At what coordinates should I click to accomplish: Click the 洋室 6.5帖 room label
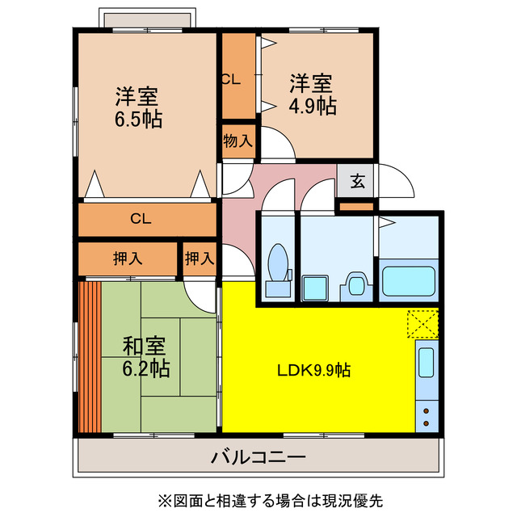point(137,107)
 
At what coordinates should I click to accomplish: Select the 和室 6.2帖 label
point(145,357)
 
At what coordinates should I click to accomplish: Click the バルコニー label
point(258,458)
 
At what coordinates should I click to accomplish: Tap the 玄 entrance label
point(357,181)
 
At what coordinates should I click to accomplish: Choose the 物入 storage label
point(238,141)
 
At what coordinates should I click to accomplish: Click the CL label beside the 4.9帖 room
point(230,79)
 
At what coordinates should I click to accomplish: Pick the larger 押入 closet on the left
point(128,258)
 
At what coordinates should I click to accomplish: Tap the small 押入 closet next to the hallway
point(200,258)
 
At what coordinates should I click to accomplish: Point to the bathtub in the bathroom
point(409,281)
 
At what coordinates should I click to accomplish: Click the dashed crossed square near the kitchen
point(422,323)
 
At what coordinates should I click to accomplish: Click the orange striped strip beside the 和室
point(89,355)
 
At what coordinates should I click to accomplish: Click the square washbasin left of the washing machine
point(313,288)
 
